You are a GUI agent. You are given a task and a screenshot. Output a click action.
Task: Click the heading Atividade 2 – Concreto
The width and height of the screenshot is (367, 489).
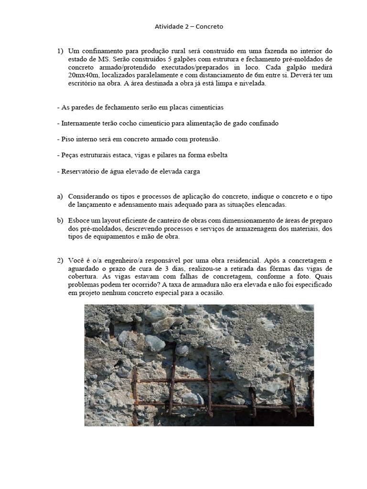(x=189, y=27)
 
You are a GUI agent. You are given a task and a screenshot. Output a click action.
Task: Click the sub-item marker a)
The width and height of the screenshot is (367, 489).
(x=60, y=196)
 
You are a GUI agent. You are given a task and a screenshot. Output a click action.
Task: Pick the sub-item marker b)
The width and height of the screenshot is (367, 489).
(x=60, y=220)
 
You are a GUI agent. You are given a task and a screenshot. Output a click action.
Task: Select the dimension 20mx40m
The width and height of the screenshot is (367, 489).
(x=85, y=75)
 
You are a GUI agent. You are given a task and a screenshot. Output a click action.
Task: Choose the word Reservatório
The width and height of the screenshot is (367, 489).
(x=78, y=171)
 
